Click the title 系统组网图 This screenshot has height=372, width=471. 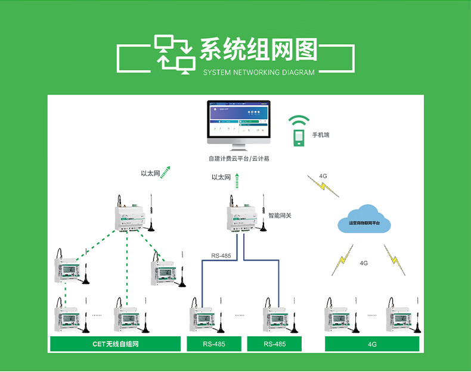258,51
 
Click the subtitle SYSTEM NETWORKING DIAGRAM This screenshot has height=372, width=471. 258,73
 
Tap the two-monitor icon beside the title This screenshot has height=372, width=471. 175,54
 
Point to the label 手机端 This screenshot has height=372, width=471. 321,135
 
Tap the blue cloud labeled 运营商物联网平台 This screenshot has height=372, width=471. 364,219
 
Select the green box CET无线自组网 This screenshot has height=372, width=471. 115,344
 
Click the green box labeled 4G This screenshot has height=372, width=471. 372,344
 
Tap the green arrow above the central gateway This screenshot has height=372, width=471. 237,177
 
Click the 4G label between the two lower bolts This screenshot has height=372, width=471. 364,262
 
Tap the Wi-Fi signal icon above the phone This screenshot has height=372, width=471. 299,120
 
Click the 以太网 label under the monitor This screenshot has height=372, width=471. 221,177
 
